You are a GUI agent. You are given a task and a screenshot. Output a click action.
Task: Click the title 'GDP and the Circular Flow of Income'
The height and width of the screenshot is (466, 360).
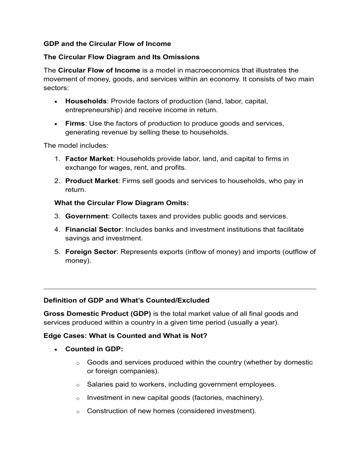[107, 44]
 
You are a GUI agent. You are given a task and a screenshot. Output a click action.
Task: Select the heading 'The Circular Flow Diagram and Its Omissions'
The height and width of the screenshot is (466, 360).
[121, 57]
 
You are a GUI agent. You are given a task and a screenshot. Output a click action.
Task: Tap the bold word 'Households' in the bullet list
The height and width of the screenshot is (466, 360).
[86, 100]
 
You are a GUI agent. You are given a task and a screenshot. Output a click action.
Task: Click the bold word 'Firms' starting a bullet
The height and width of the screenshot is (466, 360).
[75, 123]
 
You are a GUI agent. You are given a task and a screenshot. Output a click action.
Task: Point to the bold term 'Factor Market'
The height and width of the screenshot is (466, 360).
[89, 159]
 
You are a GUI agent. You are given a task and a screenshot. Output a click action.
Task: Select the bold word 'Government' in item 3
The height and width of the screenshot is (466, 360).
[87, 216]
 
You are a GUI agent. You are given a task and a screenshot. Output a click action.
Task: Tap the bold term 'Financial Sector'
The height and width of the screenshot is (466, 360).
[93, 230]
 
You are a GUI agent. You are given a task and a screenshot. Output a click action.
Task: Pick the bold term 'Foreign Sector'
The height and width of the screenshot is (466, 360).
[90, 252]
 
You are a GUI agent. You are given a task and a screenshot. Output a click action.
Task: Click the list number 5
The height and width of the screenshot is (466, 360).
[57, 252]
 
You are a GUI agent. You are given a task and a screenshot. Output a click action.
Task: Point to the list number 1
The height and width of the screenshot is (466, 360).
[57, 159]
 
